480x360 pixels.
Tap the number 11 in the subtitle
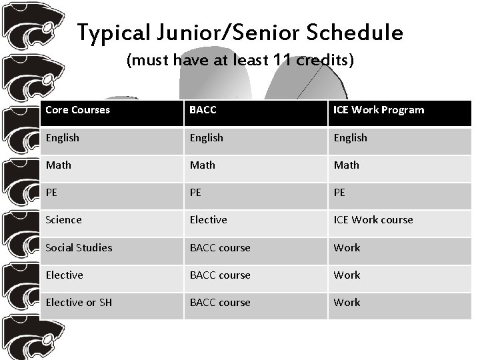click(x=283, y=61)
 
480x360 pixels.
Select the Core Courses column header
click(x=77, y=110)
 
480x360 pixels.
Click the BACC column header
click(x=203, y=110)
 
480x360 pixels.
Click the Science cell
click(x=63, y=220)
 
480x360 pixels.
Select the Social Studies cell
click(x=79, y=247)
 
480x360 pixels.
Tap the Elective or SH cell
click(x=79, y=302)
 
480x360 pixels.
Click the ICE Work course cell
click(x=373, y=220)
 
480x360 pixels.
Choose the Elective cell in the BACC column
click(x=208, y=220)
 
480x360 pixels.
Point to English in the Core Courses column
click(x=62, y=138)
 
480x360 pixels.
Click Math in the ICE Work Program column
click(x=347, y=165)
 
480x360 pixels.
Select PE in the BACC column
click(x=197, y=192)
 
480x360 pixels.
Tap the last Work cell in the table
click(x=347, y=302)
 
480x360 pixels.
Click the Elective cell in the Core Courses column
click(x=64, y=275)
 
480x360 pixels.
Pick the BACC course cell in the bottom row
click(x=220, y=302)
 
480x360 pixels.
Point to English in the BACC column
click(x=207, y=138)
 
